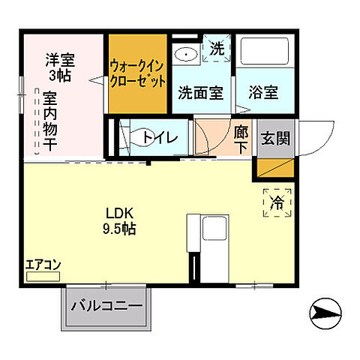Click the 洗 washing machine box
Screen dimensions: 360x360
tap(216, 49)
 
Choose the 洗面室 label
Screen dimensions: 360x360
tap(200, 93)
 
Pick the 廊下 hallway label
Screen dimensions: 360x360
tap(241, 137)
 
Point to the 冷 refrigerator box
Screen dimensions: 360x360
tap(277, 202)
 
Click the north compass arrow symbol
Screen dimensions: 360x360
tap(326, 308)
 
